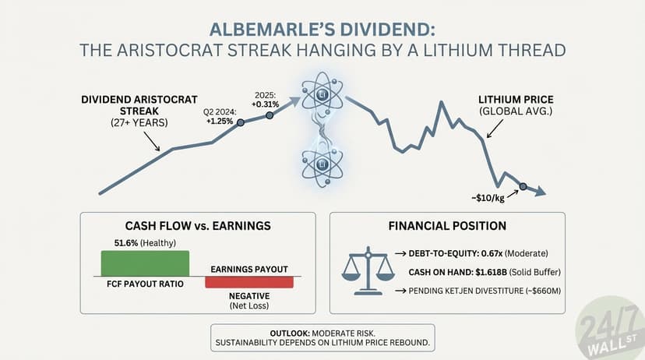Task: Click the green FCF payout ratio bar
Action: tap(144, 263)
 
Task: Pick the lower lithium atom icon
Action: tap(322, 164)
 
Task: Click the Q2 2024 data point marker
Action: tap(240, 123)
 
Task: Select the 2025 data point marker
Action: tap(270, 115)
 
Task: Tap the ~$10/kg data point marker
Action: tap(523, 186)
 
